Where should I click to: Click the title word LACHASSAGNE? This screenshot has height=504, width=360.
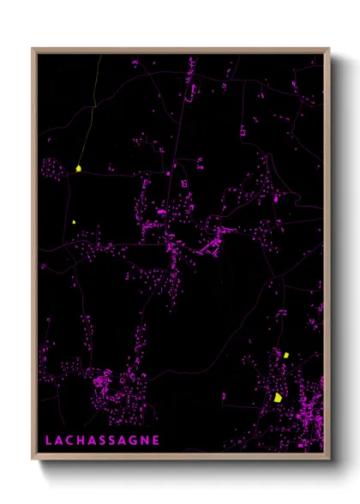(102, 441)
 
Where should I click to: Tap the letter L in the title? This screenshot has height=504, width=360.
(49, 441)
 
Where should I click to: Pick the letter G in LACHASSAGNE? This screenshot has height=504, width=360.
(135, 441)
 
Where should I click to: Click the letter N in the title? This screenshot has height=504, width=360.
(146, 441)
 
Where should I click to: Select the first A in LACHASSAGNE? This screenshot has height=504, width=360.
(59, 441)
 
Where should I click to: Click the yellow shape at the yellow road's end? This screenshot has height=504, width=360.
(78, 168)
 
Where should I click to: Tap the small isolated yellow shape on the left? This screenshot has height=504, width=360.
(75, 222)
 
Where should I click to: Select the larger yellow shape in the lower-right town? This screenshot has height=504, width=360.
(278, 397)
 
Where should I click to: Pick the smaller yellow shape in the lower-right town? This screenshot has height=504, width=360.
(287, 354)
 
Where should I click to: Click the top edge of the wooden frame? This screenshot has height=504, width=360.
(180, 50)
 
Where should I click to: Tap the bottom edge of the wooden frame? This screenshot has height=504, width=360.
(180, 454)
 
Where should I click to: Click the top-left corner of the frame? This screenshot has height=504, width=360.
(34, 50)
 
